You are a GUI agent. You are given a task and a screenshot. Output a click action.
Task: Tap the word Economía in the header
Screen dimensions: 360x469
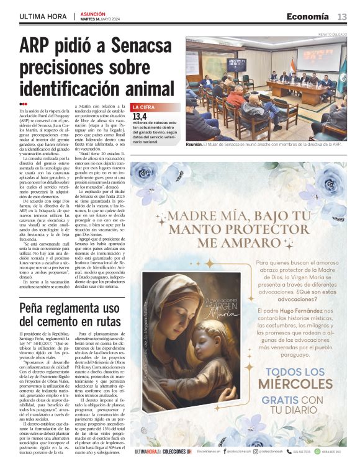pos(308,17)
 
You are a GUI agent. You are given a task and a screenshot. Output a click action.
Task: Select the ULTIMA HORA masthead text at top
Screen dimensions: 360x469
pos(44,17)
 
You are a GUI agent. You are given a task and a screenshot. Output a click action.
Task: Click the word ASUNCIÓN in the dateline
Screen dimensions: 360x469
pos(92,13)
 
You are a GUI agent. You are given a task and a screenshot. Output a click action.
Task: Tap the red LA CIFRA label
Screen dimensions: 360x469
pos(145,107)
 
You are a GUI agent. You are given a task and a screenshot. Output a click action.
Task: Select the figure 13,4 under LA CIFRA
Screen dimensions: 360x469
pos(140,116)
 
